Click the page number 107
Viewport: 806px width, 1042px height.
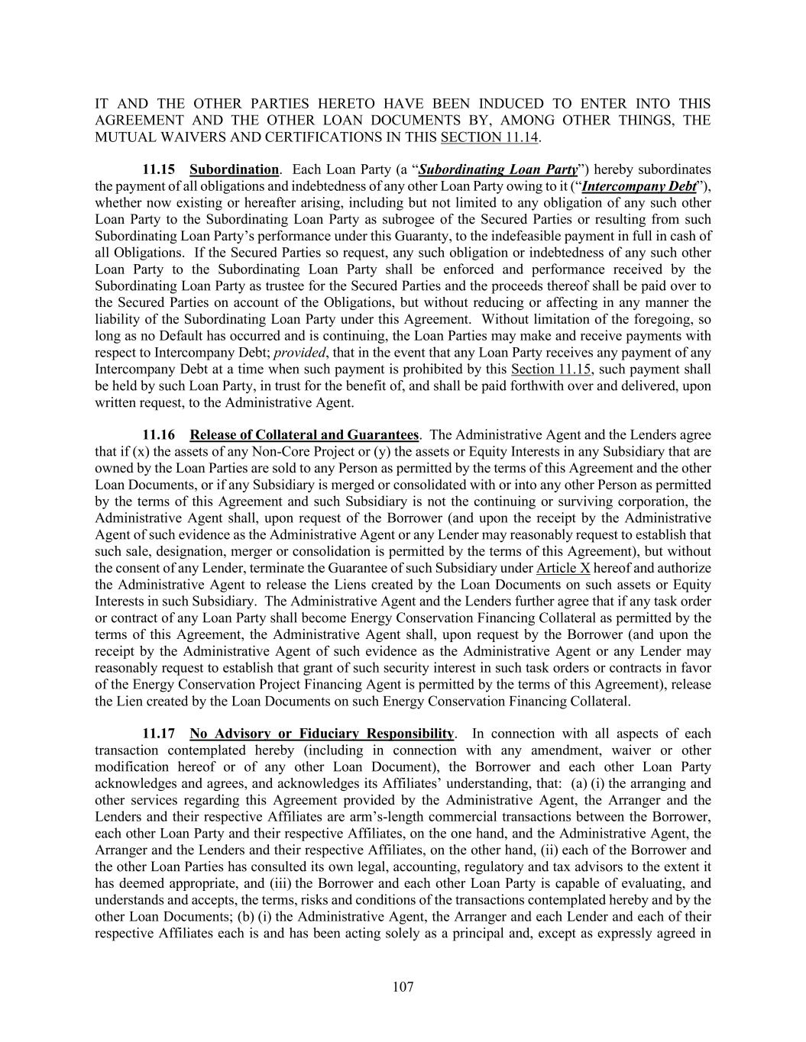403,987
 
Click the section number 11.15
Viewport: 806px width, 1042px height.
159,169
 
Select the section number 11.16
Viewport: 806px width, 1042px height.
159,435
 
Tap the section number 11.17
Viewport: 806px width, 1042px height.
159,734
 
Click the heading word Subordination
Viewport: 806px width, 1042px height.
234,169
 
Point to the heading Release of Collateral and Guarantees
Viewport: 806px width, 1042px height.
304,435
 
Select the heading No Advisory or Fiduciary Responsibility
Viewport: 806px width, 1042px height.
322,734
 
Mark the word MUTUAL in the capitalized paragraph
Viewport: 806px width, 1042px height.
121,137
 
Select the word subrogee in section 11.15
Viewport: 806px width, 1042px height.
365,220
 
